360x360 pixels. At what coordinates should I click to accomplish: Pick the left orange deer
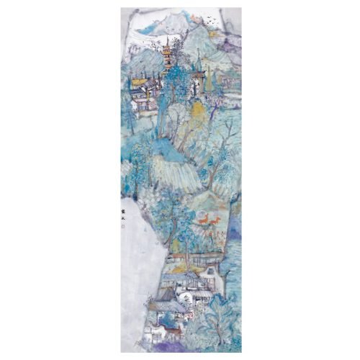click(204, 220)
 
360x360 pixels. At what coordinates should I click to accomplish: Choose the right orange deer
click(215, 222)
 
